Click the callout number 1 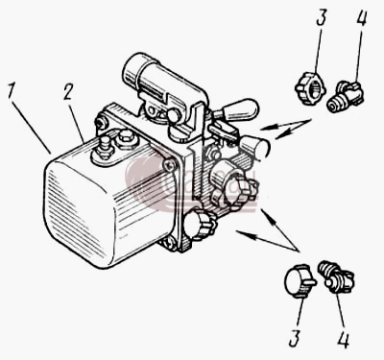click(x=11, y=92)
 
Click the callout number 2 click(x=69, y=92)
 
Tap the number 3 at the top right click(x=321, y=17)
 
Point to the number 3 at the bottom click(x=295, y=338)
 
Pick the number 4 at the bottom click(x=343, y=339)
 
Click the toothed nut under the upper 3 click(x=310, y=88)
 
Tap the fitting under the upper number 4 click(x=345, y=97)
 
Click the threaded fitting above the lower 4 click(x=336, y=276)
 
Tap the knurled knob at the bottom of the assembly click(x=199, y=224)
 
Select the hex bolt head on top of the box click(x=128, y=137)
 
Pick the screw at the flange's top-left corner click(x=101, y=122)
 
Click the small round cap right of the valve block click(x=257, y=147)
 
